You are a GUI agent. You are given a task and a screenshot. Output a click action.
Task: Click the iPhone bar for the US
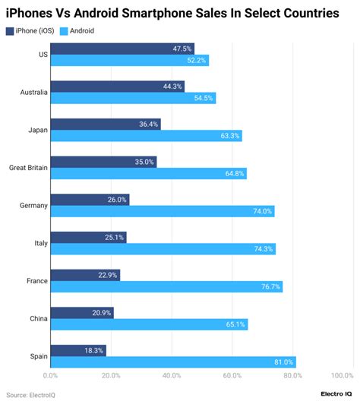click(122, 49)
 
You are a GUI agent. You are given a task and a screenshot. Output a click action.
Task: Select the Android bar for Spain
click(173, 362)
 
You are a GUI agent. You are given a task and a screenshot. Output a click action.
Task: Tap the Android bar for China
click(149, 324)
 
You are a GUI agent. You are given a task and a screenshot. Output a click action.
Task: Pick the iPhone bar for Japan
click(106, 124)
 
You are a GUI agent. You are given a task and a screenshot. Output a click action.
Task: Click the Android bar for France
click(166, 287)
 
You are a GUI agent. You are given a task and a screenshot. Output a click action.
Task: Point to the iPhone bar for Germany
click(90, 199)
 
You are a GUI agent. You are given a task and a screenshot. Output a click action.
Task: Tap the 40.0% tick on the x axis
click(172, 375)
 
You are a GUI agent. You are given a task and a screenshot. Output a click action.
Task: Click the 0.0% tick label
click(50, 375)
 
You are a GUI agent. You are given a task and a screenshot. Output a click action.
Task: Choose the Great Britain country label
click(29, 167)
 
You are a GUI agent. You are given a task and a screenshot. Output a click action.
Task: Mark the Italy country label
click(39, 242)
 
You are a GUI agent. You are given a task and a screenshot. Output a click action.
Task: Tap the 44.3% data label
click(172, 86)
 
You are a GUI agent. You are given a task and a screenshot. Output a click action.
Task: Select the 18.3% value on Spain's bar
click(93, 350)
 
